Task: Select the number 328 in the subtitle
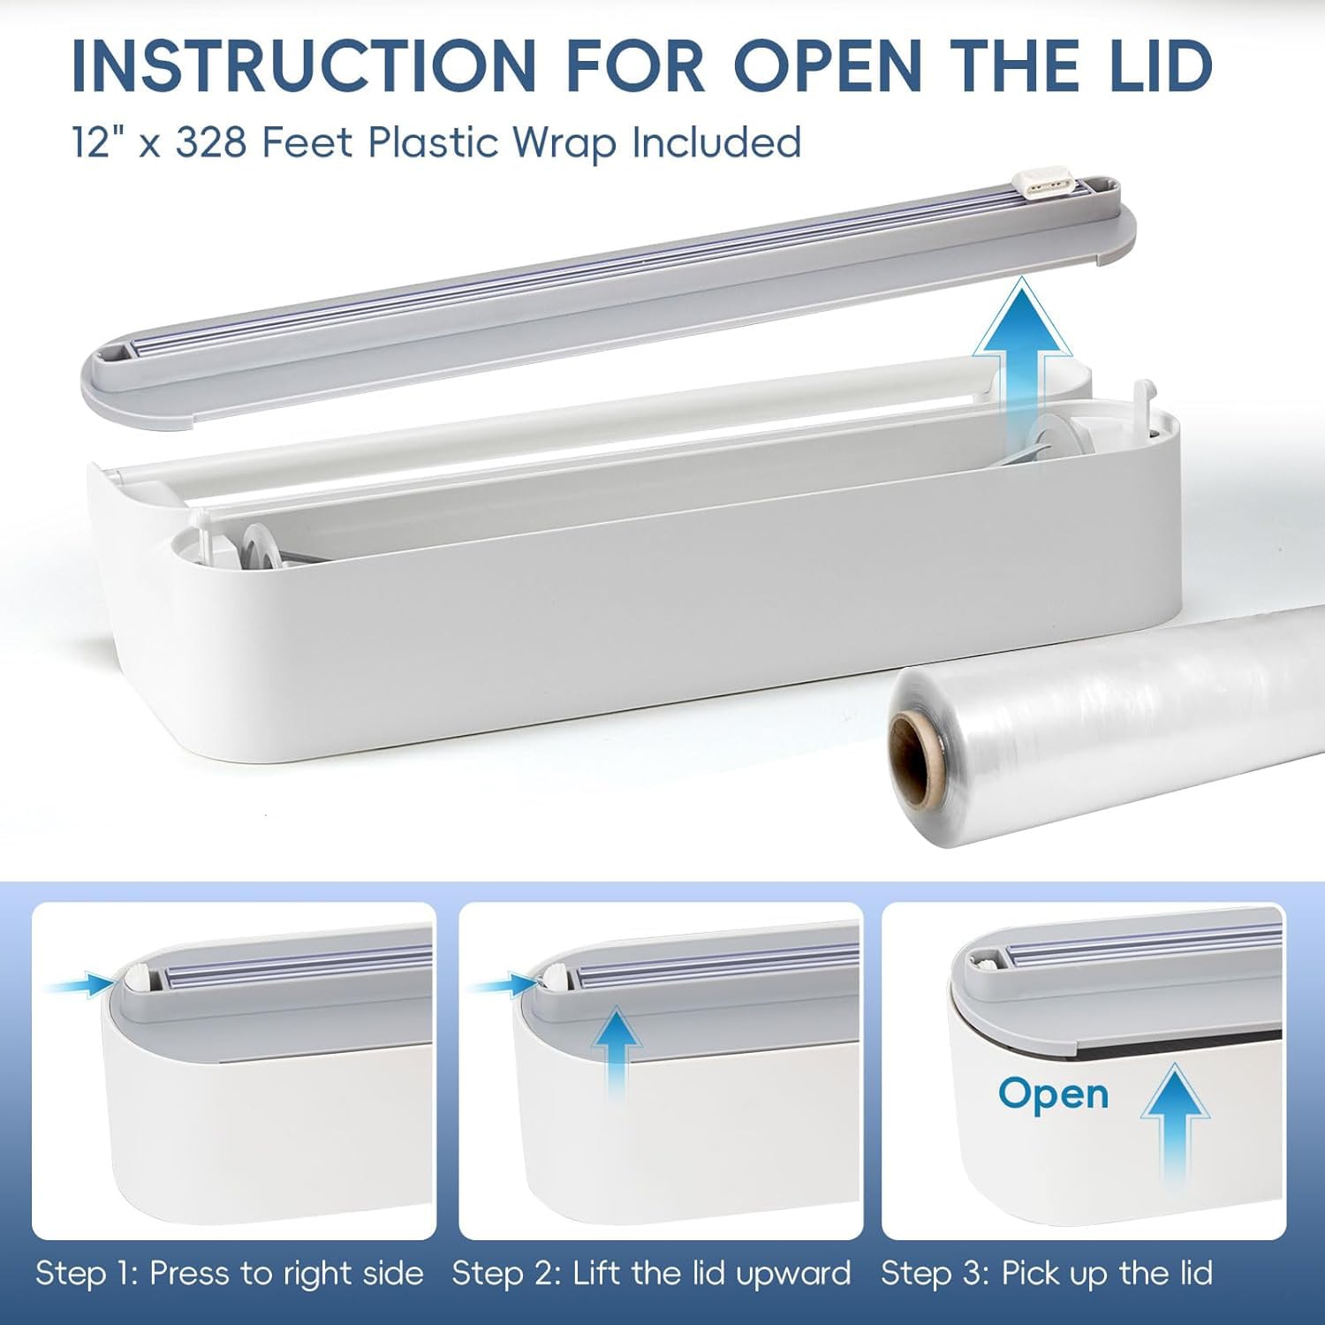click(211, 142)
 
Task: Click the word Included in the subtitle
click(716, 142)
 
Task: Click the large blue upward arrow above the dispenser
click(1024, 349)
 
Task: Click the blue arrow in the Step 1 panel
click(82, 983)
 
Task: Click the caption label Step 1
click(86, 1274)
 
